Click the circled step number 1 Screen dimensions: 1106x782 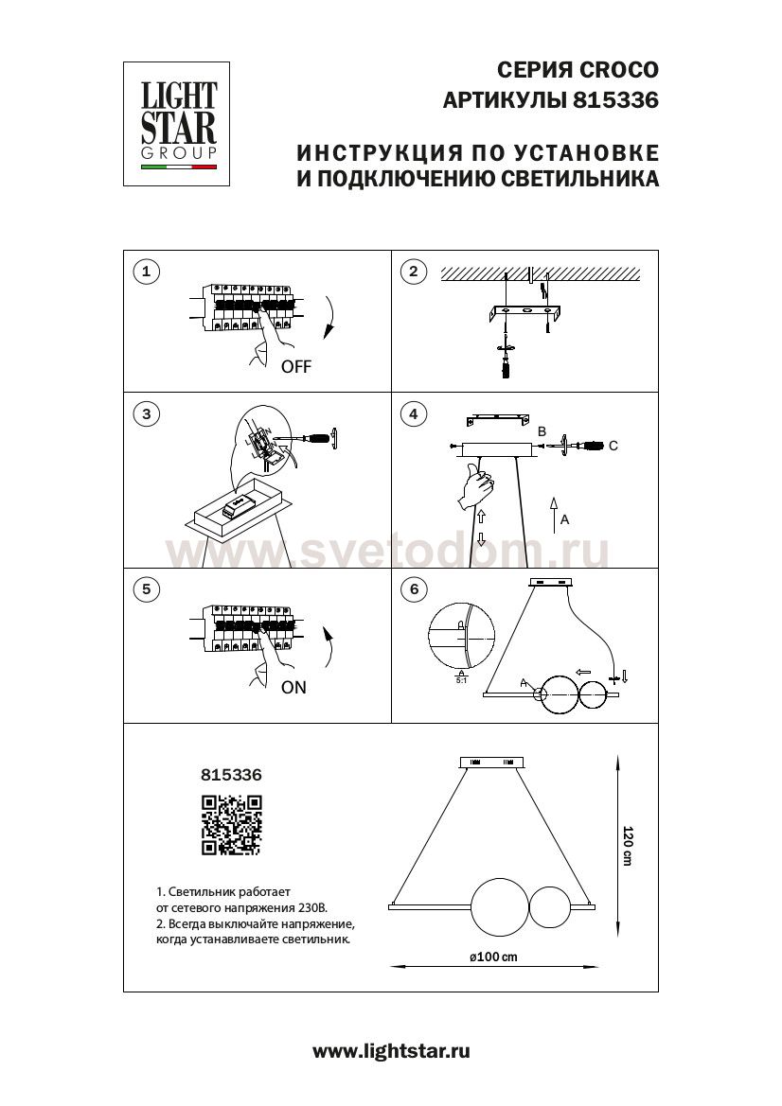coord(145,272)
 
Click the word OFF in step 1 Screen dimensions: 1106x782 coord(295,367)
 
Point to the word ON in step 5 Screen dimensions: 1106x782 coord(293,688)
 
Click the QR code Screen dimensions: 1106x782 coord(231,825)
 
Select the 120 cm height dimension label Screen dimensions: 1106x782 coord(627,845)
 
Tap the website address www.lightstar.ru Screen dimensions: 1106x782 coord(391,1050)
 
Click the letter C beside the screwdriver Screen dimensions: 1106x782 coord(613,446)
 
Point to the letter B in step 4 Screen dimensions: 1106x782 coord(542,431)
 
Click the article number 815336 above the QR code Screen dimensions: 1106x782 coord(231,773)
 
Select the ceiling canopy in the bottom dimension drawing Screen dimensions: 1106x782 coord(494,762)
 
